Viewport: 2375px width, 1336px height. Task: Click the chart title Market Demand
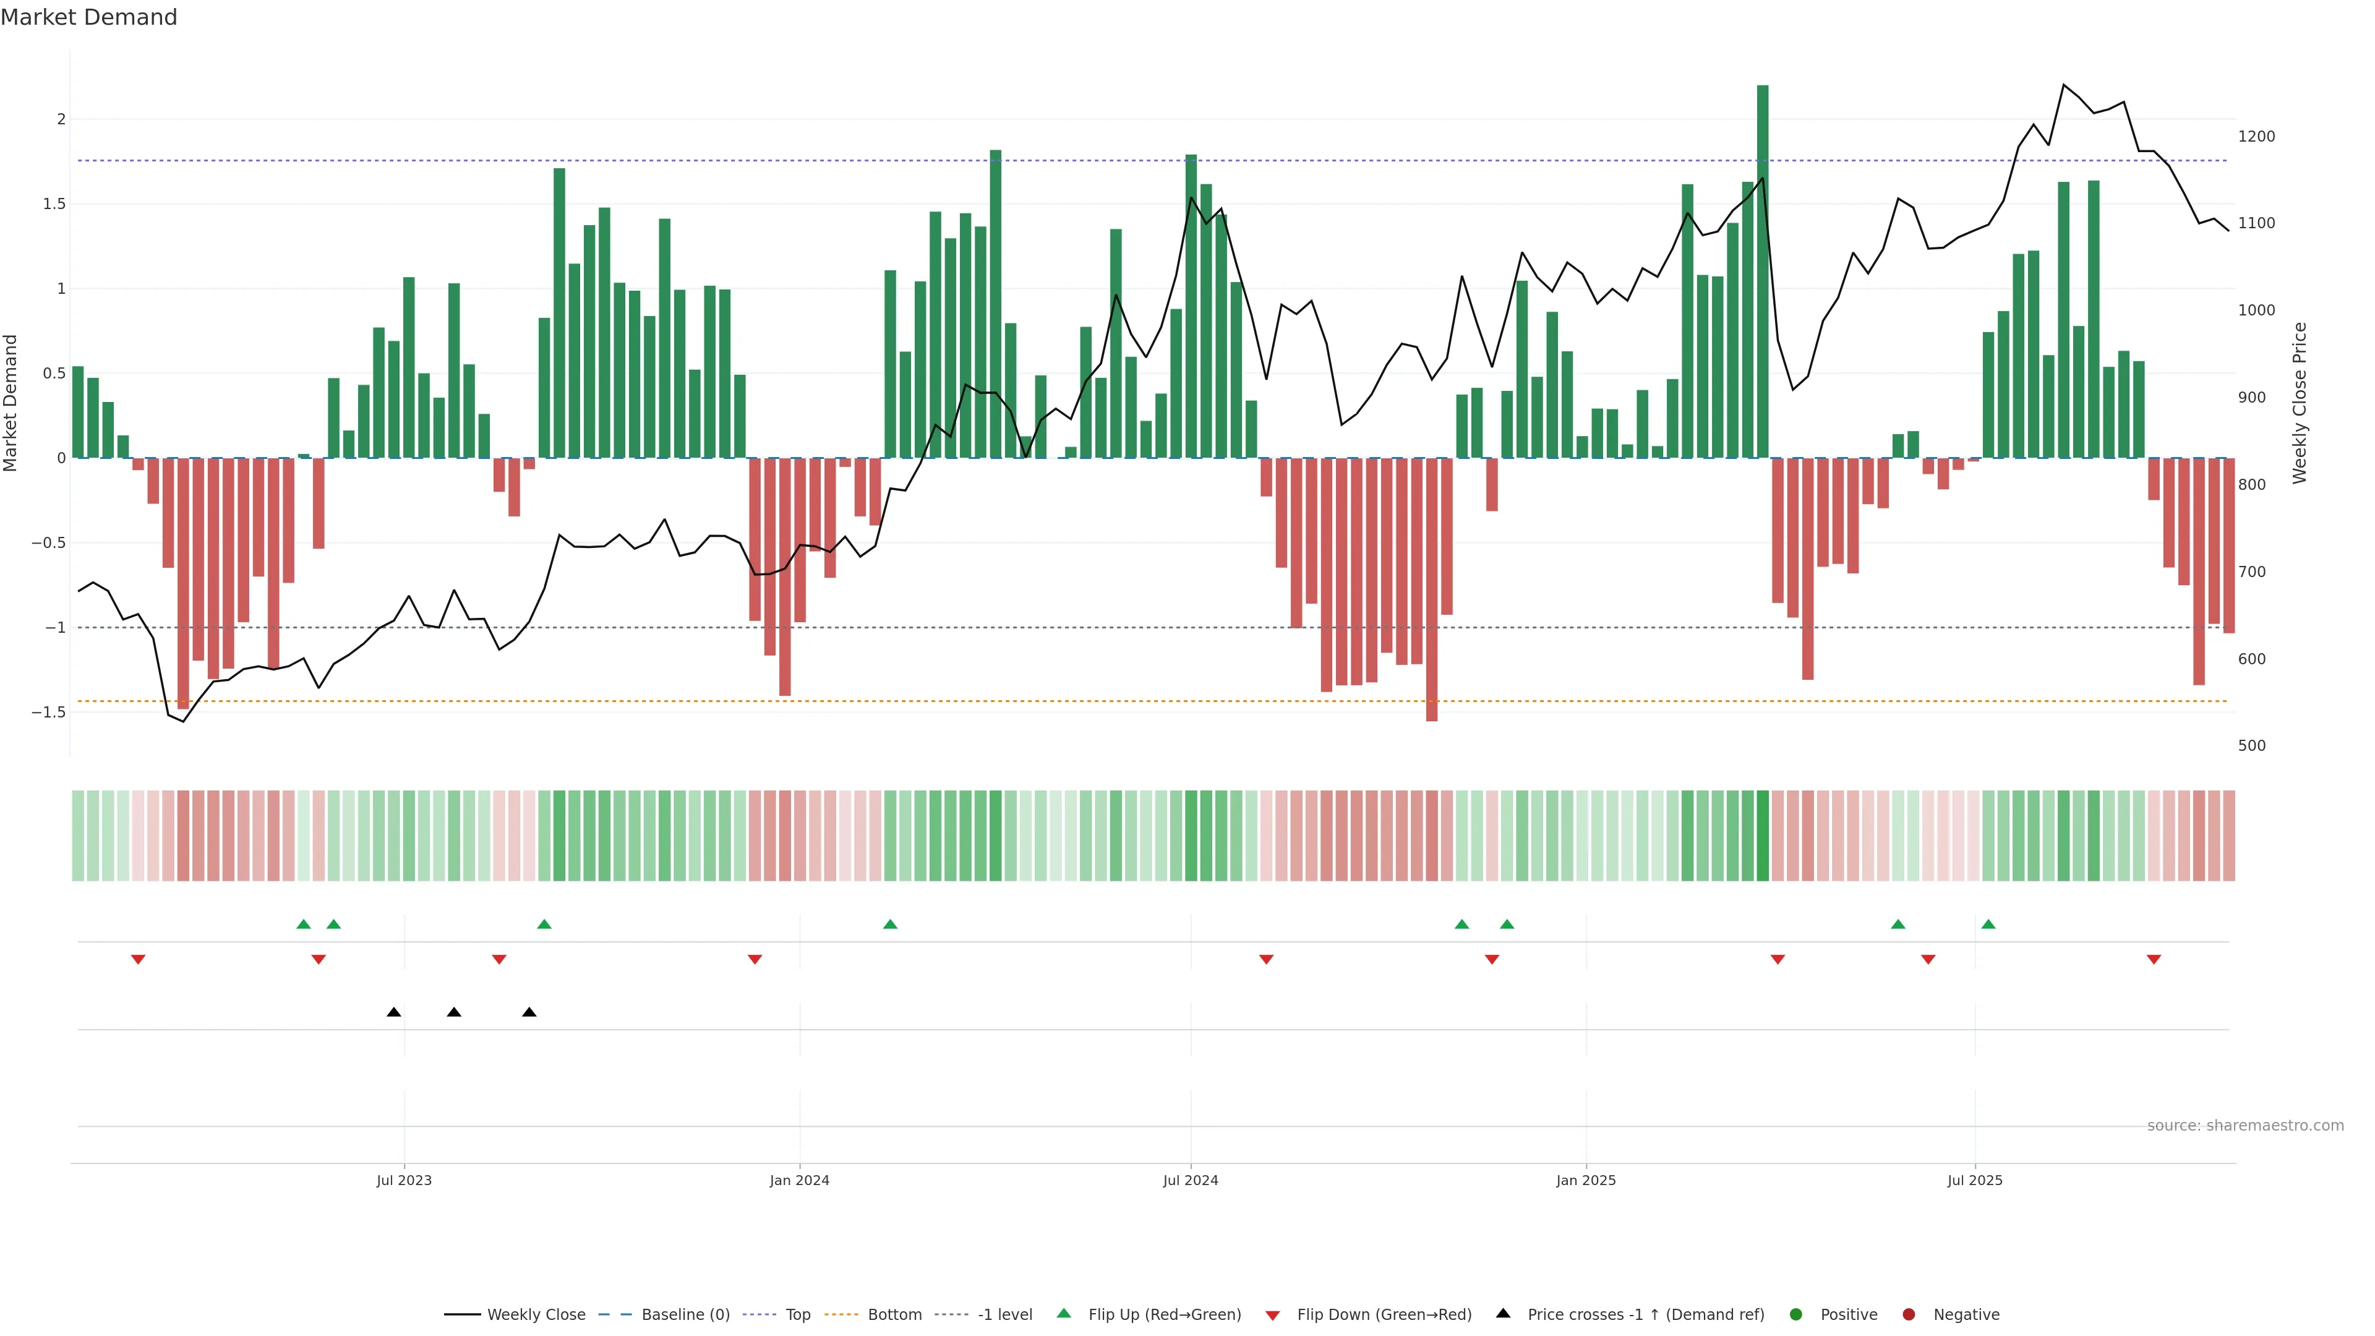[x=88, y=17]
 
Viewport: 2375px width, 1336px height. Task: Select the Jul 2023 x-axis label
[x=404, y=1180]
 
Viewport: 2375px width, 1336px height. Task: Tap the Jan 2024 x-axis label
[x=799, y=1180]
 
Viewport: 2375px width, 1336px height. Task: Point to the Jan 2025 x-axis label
[x=1586, y=1180]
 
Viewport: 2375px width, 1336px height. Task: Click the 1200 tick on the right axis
[x=2256, y=137]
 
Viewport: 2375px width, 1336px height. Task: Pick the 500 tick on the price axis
[x=2251, y=746]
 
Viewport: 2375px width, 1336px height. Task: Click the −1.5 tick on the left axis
[x=48, y=713]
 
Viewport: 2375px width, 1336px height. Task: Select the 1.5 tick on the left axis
[x=53, y=203]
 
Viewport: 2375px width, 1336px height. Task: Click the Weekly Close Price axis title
[x=2300, y=403]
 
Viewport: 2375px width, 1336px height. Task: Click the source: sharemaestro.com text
[x=2245, y=1126]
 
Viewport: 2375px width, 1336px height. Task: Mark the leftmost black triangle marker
[x=394, y=1013]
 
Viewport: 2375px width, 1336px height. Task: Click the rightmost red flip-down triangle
[x=2154, y=960]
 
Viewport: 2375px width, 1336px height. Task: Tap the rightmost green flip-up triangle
[x=1988, y=924]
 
